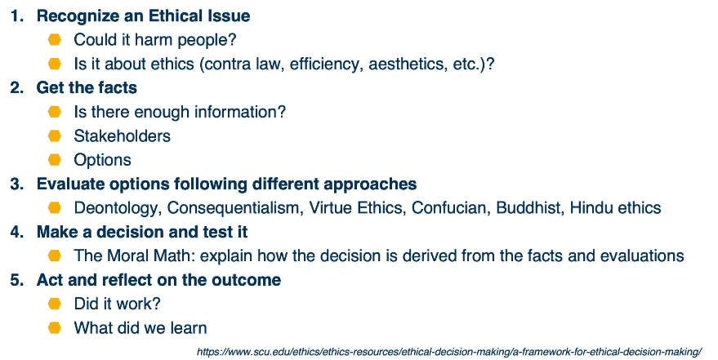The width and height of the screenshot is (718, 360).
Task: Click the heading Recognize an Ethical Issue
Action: tap(143, 16)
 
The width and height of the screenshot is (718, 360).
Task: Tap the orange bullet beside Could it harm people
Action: tap(55, 40)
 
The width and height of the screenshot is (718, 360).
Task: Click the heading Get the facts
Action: tap(87, 87)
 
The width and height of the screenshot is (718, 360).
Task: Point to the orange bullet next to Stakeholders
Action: tap(55, 136)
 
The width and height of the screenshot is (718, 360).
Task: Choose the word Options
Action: tap(103, 160)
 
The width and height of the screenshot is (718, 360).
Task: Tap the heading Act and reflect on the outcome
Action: tap(158, 280)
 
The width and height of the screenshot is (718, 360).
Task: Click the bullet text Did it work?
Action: tap(118, 304)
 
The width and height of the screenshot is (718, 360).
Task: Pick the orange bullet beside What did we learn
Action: tap(55, 328)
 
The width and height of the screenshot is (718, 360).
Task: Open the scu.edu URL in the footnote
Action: tap(449, 352)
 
